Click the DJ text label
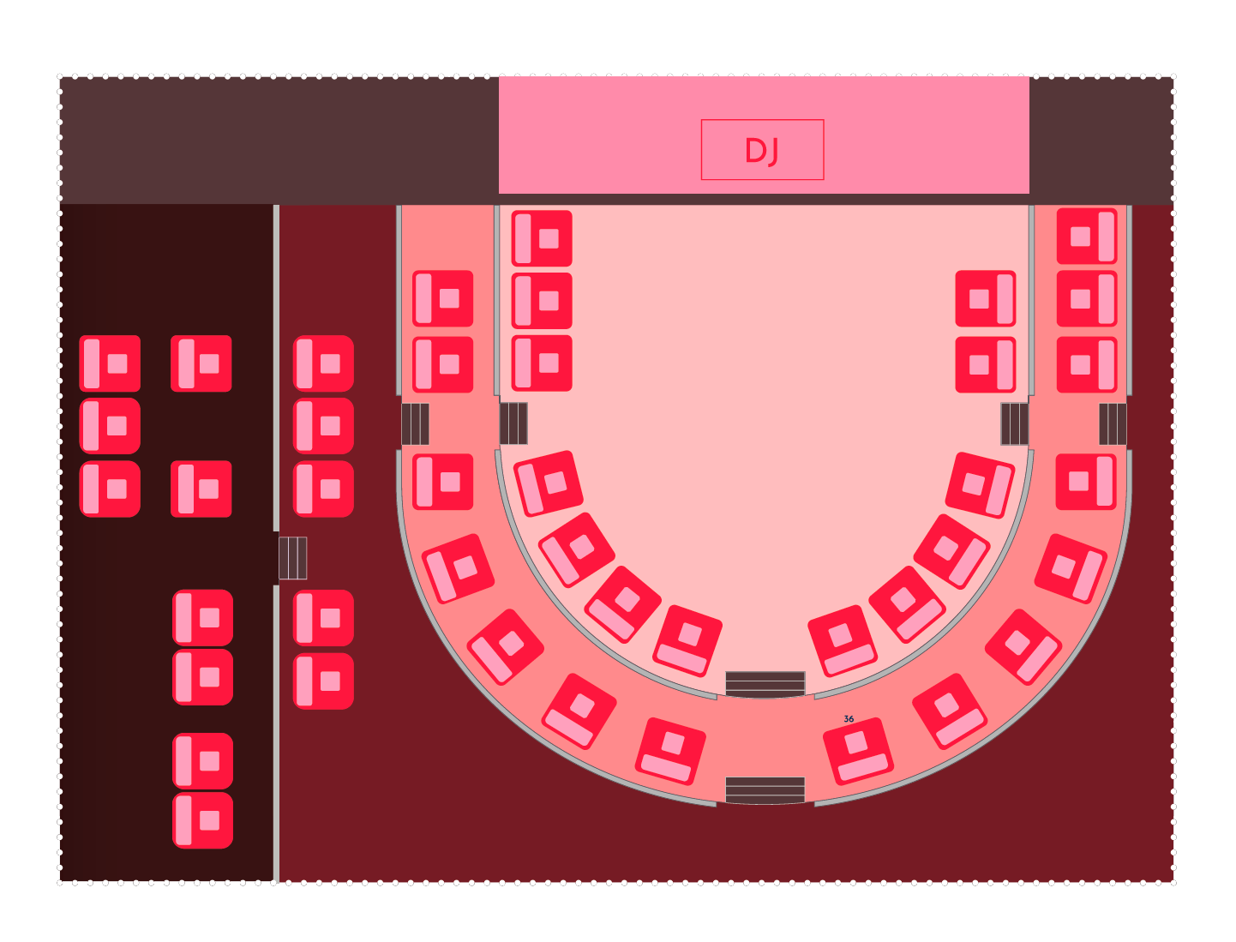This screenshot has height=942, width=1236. (x=761, y=150)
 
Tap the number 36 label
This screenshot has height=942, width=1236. (x=849, y=719)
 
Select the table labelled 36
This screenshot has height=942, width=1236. (x=858, y=751)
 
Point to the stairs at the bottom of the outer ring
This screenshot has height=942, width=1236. (x=765, y=790)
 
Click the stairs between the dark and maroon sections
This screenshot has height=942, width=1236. (x=293, y=558)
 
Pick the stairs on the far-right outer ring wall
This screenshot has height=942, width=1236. (x=1113, y=424)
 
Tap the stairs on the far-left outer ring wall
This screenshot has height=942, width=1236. (x=415, y=424)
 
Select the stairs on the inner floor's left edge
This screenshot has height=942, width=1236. (x=513, y=423)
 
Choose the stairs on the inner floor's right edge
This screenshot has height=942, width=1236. (x=1015, y=424)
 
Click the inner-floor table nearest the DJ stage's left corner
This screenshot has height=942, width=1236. (x=542, y=238)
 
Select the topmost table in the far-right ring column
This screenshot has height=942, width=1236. (x=1087, y=236)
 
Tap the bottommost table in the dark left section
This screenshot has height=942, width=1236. (x=203, y=819)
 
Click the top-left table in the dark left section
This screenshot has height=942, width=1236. (x=110, y=363)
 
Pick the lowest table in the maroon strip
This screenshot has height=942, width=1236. (x=323, y=681)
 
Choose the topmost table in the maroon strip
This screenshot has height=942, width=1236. (x=323, y=363)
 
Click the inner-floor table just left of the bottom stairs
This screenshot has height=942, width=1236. (x=687, y=641)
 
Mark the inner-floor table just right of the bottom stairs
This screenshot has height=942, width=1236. (x=843, y=641)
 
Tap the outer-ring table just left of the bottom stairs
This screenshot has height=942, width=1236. (x=670, y=751)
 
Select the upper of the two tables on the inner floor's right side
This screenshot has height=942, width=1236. (x=986, y=298)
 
